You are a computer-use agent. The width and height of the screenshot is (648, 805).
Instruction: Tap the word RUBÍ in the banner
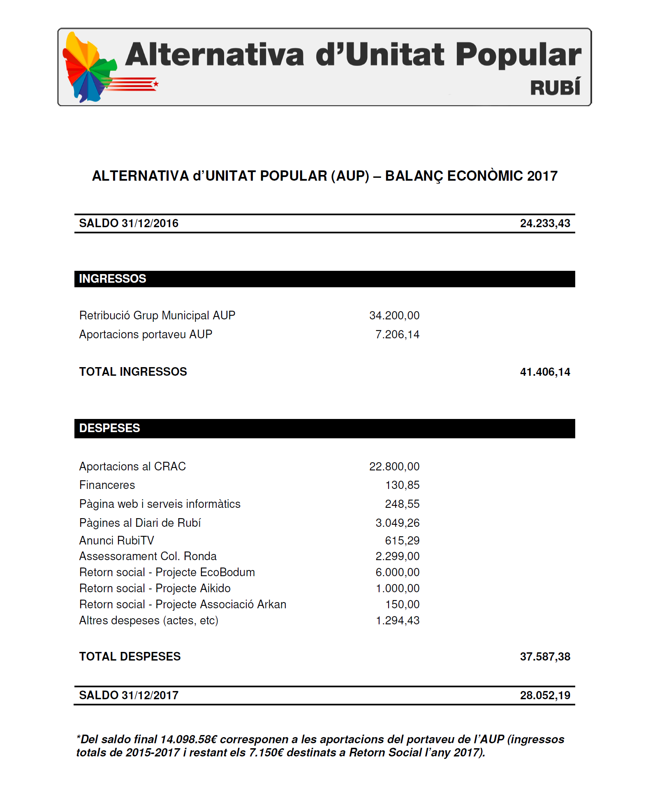tap(555, 88)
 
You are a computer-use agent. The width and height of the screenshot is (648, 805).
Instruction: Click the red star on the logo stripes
tap(156, 84)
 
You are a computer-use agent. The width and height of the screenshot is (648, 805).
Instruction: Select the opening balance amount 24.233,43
tap(545, 223)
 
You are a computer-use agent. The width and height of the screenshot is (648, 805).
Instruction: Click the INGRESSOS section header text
tap(112, 279)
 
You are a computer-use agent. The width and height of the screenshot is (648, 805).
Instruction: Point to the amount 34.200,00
tap(394, 315)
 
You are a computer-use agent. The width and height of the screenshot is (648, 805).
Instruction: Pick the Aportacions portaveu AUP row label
tap(146, 334)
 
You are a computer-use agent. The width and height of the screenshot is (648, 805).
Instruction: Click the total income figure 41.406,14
tap(545, 372)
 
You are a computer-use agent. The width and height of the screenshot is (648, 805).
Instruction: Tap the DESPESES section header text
tap(109, 428)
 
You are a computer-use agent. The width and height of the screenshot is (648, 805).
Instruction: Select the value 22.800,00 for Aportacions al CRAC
tap(394, 466)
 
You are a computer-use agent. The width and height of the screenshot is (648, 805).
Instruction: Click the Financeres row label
tap(107, 485)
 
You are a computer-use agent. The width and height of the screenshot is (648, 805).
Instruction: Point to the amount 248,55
tap(402, 504)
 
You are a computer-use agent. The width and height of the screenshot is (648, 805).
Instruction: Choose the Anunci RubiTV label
tap(116, 540)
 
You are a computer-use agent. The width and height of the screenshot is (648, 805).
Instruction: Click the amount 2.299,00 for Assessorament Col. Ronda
tap(397, 556)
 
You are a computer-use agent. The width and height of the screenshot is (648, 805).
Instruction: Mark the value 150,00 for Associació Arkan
tap(402, 604)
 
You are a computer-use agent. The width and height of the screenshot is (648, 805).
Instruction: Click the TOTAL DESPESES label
tap(130, 656)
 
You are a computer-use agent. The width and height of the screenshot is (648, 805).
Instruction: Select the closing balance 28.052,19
tap(545, 695)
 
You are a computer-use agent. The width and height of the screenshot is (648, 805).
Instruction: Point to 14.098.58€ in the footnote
tap(188, 739)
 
